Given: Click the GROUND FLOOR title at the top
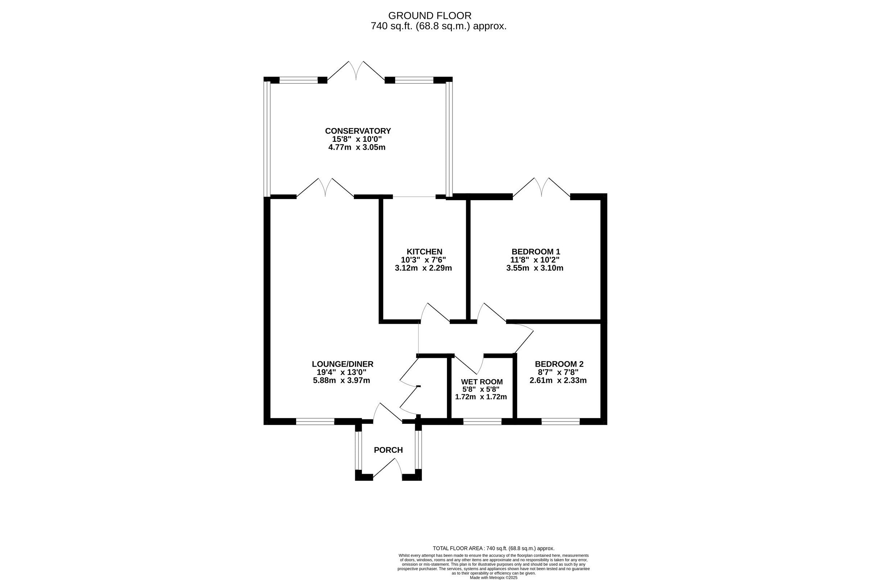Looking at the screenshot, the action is click(430, 16).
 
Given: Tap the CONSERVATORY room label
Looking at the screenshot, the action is click(358, 131).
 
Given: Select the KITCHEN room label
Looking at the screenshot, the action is click(424, 252).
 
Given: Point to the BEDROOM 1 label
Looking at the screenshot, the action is click(536, 252).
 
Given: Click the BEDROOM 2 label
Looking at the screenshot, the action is click(559, 364).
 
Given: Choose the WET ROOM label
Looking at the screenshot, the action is click(482, 382).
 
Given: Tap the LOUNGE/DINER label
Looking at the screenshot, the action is click(343, 364).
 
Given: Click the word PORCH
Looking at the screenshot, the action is click(388, 450).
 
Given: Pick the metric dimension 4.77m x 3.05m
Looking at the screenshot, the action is click(357, 147).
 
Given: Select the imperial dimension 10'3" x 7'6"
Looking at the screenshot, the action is click(423, 260).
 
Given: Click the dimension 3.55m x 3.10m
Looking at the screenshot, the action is click(535, 268).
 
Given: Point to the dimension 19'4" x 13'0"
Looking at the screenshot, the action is click(342, 372).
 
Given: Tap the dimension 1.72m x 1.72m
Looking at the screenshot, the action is click(481, 397).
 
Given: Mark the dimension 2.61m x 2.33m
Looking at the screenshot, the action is click(558, 380).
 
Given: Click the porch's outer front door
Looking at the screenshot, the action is click(387, 468).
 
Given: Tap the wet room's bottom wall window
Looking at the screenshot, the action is click(482, 421).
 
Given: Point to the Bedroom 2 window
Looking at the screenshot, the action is click(560, 421).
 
